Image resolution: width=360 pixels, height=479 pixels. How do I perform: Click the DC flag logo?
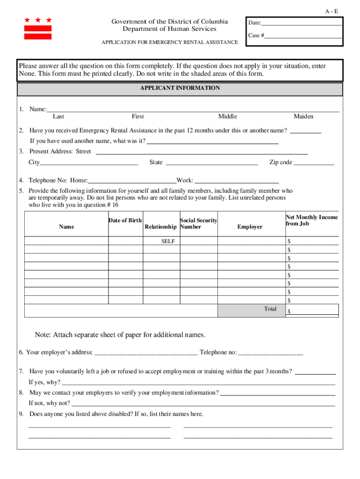[x=38, y=29]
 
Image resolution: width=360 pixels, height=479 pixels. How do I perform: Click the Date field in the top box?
[x=302, y=23]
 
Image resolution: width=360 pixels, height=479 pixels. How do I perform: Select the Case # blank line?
[x=303, y=36]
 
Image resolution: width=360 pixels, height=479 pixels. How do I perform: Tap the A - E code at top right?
[x=332, y=11]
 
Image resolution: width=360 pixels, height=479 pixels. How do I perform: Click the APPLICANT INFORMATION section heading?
[x=180, y=88]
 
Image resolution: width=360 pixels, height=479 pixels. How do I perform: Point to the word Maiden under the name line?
[x=303, y=116]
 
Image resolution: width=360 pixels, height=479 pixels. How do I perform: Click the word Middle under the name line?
[x=228, y=116]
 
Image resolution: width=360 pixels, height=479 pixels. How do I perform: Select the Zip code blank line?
[x=314, y=163]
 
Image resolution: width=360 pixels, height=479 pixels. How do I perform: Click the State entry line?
[x=212, y=163]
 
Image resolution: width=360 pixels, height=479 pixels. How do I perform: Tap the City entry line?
[x=89, y=163]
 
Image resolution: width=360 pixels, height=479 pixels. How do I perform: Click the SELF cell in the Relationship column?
[x=168, y=241]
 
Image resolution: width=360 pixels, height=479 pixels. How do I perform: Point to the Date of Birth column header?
[x=125, y=220]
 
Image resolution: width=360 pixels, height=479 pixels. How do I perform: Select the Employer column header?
[x=250, y=227]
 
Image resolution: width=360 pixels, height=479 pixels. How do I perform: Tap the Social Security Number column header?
[x=198, y=224]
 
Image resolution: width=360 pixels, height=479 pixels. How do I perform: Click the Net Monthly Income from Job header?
[x=311, y=220]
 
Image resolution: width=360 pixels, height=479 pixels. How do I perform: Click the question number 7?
[x=22, y=371]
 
